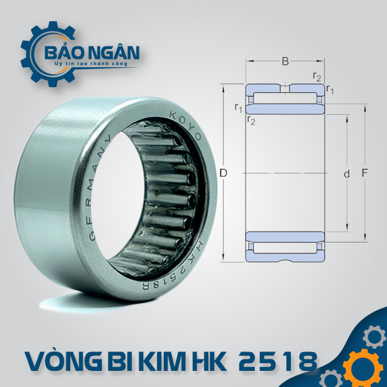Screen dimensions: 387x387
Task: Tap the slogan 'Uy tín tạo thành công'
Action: pyautogui.click(x=92, y=64)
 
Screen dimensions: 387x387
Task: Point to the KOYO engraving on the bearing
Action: pyautogui.click(x=186, y=125)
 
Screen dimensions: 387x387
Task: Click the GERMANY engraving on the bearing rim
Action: pyautogui.click(x=97, y=188)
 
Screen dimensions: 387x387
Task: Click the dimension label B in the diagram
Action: pyautogui.click(x=285, y=61)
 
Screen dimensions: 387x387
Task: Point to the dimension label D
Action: pyautogui.click(x=223, y=174)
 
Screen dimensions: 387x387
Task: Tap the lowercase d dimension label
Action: pyautogui.click(x=347, y=174)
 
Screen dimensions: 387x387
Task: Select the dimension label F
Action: pyautogui.click(x=364, y=173)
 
